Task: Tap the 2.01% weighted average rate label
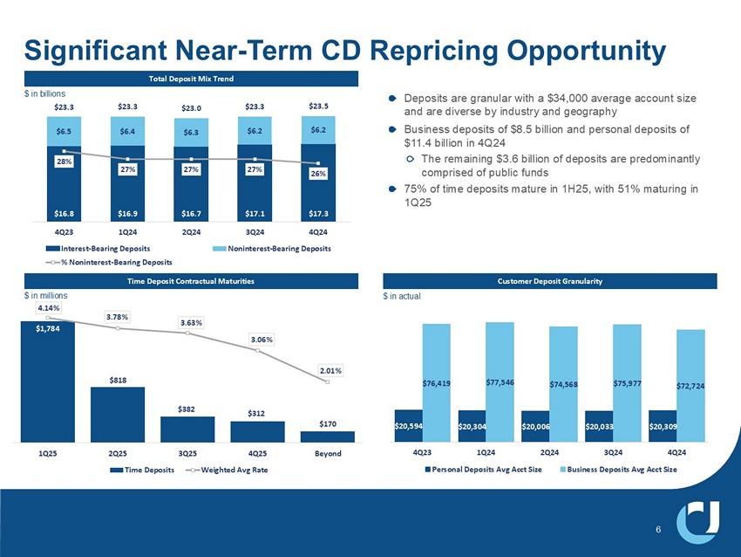coord(328,369)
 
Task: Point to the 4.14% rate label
coord(48,309)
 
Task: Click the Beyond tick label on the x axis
coord(328,454)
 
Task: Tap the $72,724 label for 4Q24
coord(690,384)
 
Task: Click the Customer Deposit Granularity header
coord(550,280)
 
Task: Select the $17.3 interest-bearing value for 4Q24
coord(318,211)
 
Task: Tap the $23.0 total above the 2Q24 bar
coord(192,108)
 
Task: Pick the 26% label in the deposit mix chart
coord(318,174)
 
